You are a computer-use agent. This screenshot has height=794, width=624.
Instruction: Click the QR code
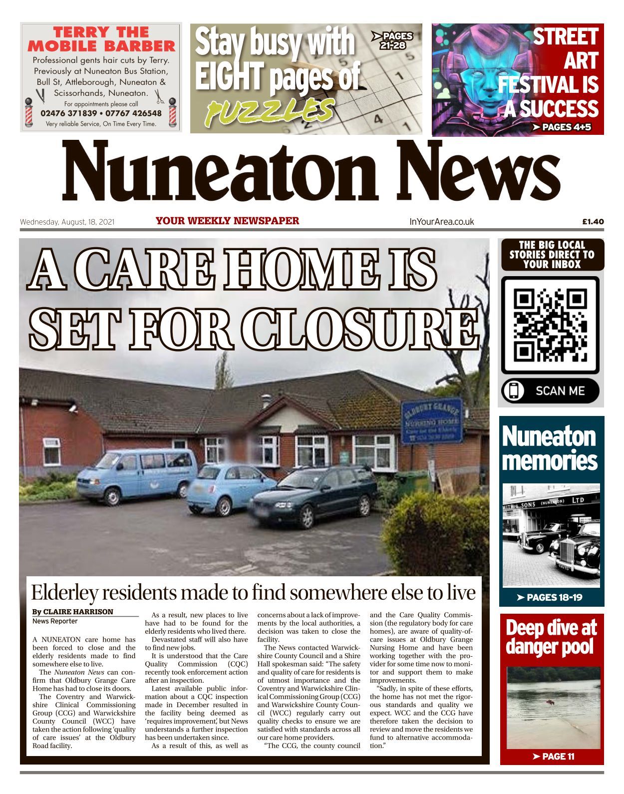click(550, 325)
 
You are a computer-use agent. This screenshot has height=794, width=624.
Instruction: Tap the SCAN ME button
click(550, 391)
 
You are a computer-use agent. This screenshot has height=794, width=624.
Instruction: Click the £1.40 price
click(593, 222)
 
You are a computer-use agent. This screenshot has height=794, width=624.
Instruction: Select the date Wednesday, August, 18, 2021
click(67, 222)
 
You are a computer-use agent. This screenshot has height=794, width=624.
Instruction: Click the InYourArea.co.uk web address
click(441, 222)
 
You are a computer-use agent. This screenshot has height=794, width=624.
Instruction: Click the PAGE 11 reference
click(553, 757)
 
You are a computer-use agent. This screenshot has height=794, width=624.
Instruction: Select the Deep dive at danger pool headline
click(551, 638)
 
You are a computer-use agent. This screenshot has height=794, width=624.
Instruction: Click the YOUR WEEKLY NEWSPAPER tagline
click(227, 221)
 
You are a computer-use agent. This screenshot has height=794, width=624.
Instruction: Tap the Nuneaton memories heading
click(549, 448)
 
